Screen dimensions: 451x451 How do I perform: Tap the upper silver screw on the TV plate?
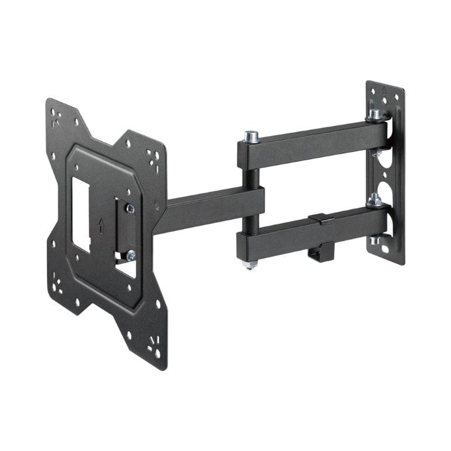click(x=130, y=208)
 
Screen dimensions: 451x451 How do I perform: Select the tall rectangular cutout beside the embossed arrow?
click(x=80, y=214)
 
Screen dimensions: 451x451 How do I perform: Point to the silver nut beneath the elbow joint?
click(x=250, y=264)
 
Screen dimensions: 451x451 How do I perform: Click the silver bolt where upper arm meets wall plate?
click(x=374, y=114)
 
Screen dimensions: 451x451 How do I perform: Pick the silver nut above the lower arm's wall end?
click(x=374, y=201)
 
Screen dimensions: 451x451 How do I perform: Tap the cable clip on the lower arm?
click(x=321, y=220)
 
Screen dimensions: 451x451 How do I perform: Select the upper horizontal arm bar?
click(x=311, y=144)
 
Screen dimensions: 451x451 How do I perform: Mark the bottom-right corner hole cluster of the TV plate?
click(x=155, y=351)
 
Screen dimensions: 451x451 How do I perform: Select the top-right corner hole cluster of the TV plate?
click(x=154, y=157)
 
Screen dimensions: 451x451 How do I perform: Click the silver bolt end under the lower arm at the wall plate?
click(x=374, y=240)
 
